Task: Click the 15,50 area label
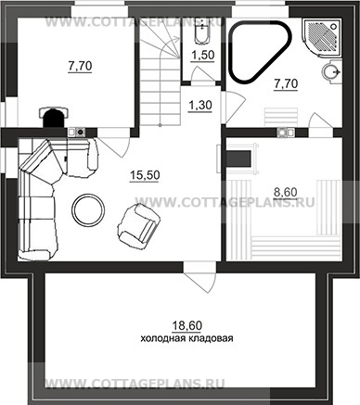pyautogui.click(x=145, y=175)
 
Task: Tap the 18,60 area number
pyautogui.click(x=186, y=326)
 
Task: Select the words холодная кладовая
pyautogui.click(x=186, y=338)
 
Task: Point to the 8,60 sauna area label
pyautogui.click(x=286, y=192)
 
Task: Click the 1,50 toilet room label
pyautogui.click(x=202, y=56)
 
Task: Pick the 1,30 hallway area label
pyautogui.click(x=200, y=106)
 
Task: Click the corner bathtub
pyautogui.click(x=260, y=51)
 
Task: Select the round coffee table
pyautogui.click(x=88, y=210)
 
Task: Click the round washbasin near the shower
pyautogui.click(x=331, y=71)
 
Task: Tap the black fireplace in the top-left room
pyautogui.click(x=54, y=118)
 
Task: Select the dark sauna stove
pyautogui.click(x=238, y=158)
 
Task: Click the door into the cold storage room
pyautogui.click(x=200, y=277)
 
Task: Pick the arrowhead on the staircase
pyautogui.click(x=176, y=39)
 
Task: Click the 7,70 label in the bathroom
pyautogui.click(x=286, y=83)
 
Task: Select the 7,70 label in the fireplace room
pyautogui.click(x=80, y=66)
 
